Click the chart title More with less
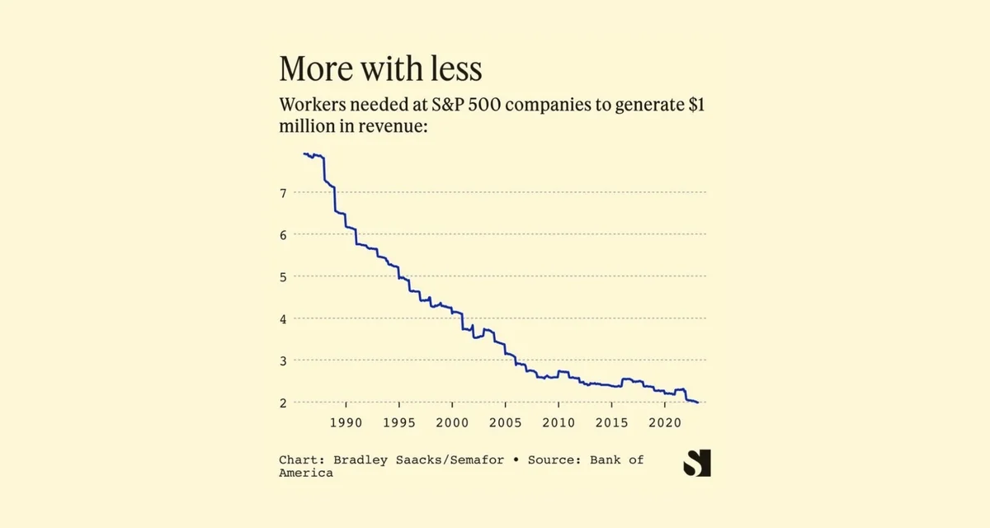coord(380,69)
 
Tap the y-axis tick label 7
coord(283,193)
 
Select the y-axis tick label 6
coord(283,235)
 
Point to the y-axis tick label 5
coord(283,277)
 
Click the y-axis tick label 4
coord(283,319)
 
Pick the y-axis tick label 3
coord(283,361)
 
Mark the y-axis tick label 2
coord(283,403)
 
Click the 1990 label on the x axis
coord(345,422)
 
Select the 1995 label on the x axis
coord(398,422)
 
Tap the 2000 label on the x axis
coord(452,422)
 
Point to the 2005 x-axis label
coord(505,422)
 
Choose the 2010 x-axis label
coord(559,422)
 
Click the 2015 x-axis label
coord(611,422)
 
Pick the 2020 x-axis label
coord(665,422)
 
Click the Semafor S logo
coord(696,464)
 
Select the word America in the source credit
coord(306,473)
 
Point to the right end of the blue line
coord(698,402)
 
